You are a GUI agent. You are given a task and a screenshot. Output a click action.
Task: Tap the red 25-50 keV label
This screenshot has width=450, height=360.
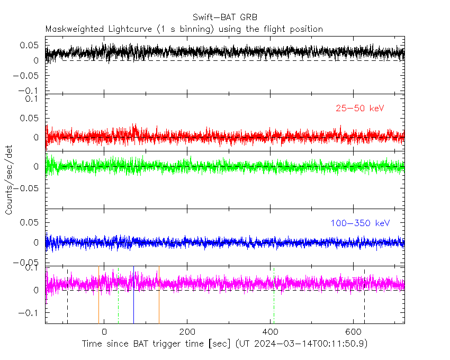pyautogui.click(x=359, y=109)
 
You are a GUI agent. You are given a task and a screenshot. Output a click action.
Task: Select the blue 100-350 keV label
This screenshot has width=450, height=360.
pyautogui.click(x=360, y=223)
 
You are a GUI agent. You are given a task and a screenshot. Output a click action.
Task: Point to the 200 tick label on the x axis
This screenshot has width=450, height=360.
pyautogui.click(x=187, y=332)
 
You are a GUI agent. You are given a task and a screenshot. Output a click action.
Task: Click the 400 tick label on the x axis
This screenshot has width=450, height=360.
pyautogui.click(x=270, y=332)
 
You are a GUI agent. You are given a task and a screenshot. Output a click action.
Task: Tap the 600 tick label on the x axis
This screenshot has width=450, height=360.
pyautogui.click(x=353, y=332)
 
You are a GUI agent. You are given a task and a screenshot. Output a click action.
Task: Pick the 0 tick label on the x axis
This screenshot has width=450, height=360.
pyautogui.click(x=104, y=332)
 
